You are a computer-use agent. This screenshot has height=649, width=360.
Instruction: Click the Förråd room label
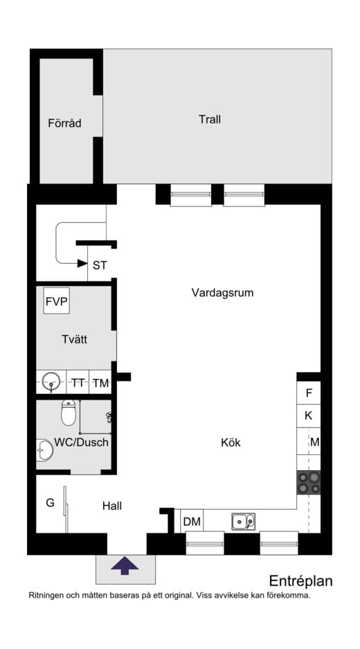click(65, 123)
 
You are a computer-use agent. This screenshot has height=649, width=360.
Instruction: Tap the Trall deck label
click(210, 119)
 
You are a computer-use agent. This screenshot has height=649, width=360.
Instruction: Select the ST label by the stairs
click(100, 265)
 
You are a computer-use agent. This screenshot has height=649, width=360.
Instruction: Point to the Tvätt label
click(74, 339)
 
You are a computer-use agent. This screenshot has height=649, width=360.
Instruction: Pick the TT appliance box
click(78, 382)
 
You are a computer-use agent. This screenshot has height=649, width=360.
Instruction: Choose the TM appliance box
click(100, 382)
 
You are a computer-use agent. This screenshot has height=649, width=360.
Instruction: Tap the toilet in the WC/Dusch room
click(69, 413)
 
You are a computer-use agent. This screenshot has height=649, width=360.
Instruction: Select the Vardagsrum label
click(222, 292)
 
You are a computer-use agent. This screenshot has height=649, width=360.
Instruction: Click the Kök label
click(231, 442)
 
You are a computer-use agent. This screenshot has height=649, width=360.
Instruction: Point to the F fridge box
click(309, 393)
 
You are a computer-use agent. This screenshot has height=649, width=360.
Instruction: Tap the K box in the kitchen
click(309, 416)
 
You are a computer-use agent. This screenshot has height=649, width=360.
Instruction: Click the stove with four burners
click(309, 482)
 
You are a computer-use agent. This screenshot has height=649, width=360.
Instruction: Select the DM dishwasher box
click(192, 522)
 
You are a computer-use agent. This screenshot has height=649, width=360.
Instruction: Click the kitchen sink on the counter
click(243, 521)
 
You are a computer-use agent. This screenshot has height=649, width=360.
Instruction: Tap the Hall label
click(112, 506)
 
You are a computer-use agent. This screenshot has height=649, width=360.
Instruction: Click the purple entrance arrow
click(125, 566)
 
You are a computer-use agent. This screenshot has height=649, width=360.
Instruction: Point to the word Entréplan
click(300, 580)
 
